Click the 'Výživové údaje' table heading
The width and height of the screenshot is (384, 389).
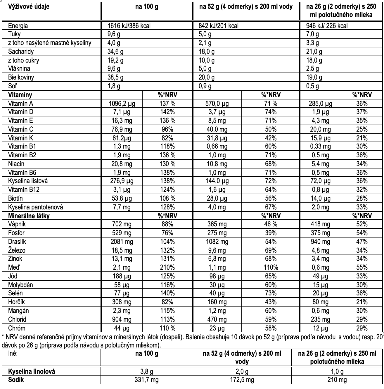(x=29, y=7)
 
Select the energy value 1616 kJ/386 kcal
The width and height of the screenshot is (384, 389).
(x=129, y=26)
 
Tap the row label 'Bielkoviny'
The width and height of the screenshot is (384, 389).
(x=21, y=78)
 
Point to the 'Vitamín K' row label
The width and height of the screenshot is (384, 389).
(x=21, y=138)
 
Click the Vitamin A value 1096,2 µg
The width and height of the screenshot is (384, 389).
(x=122, y=104)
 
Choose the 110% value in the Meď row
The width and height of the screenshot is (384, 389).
(x=271, y=267)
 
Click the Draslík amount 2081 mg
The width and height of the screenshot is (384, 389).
(x=122, y=242)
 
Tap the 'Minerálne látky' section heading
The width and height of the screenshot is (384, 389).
(x=29, y=216)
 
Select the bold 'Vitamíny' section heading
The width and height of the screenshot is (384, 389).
(x=20, y=95)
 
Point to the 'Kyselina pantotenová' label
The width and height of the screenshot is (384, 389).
(x=35, y=207)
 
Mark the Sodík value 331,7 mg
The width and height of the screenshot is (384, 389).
(x=147, y=380)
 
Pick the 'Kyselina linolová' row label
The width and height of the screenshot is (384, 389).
(x=32, y=371)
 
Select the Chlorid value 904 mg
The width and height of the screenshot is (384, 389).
(x=122, y=319)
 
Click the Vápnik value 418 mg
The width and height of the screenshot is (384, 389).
(x=320, y=224)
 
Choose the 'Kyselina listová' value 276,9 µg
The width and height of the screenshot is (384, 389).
(x=122, y=181)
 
